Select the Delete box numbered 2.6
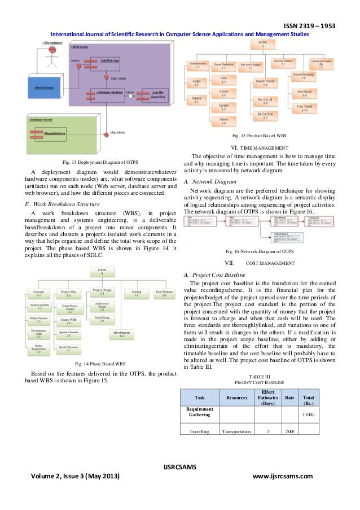[223, 121]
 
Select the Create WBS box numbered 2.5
[69, 321]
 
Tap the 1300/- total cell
[308, 414]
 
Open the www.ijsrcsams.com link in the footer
[283, 476]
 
